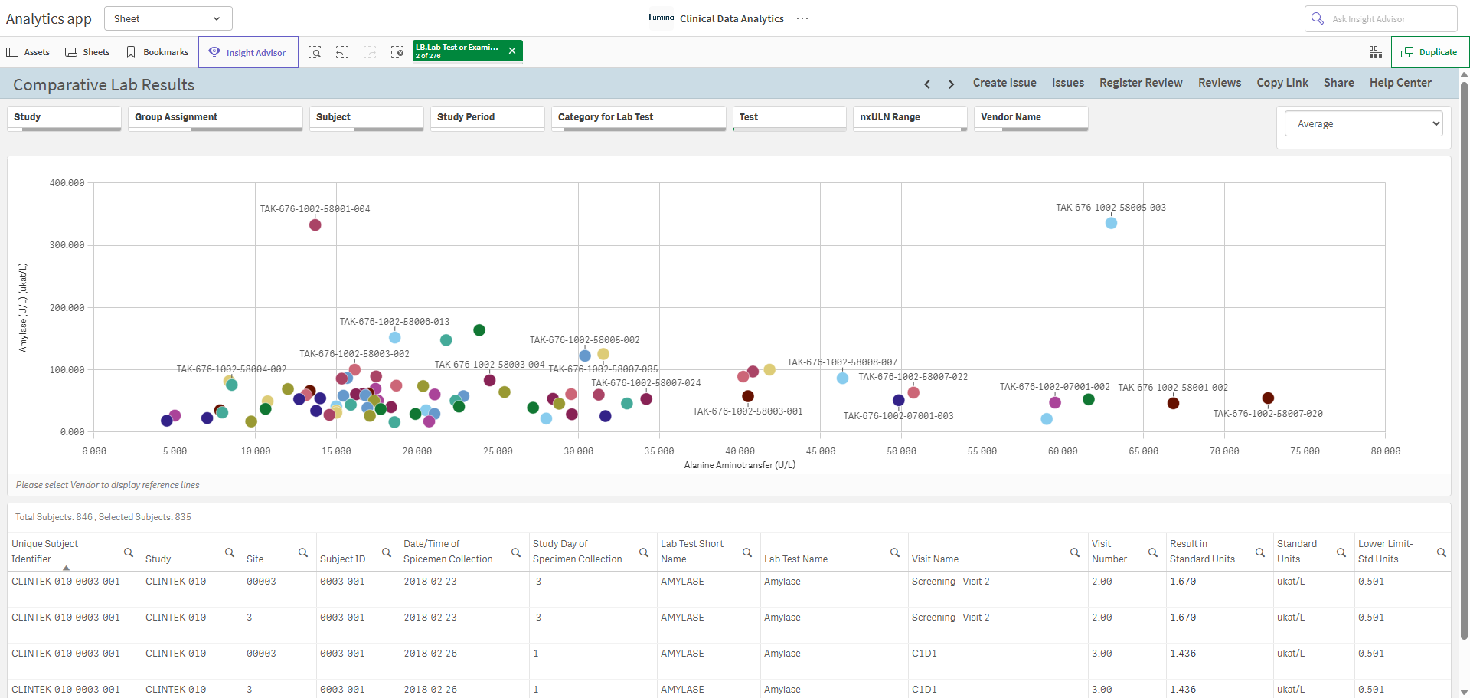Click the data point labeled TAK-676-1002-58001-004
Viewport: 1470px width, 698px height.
pyautogui.click(x=315, y=224)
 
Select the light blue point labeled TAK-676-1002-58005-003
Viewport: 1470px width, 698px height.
pyautogui.click(x=1111, y=223)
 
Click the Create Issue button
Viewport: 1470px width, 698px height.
pyautogui.click(x=1004, y=83)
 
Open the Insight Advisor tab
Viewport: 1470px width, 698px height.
pyautogui.click(x=248, y=52)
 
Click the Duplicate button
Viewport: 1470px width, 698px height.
pyautogui.click(x=1429, y=52)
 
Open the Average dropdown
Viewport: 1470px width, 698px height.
pyautogui.click(x=1364, y=123)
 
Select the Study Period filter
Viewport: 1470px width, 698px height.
pyautogui.click(x=487, y=117)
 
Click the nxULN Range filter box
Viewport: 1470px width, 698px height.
pyautogui.click(x=910, y=117)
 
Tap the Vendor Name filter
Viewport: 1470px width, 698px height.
pyautogui.click(x=1031, y=117)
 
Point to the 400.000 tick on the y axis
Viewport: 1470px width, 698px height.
pyautogui.click(x=67, y=183)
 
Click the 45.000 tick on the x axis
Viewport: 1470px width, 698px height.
pyautogui.click(x=821, y=451)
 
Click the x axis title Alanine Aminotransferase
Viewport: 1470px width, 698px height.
pyautogui.click(x=740, y=465)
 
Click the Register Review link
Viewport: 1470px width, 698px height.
pyautogui.click(x=1141, y=83)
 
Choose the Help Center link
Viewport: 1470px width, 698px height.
pyautogui.click(x=1400, y=83)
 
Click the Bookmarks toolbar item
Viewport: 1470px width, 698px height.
pyautogui.click(x=158, y=52)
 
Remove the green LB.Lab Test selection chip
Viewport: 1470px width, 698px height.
pyautogui.click(x=512, y=51)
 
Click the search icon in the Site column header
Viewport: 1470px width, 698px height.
pyautogui.click(x=303, y=552)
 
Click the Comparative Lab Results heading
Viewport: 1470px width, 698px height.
pyautogui.click(x=104, y=85)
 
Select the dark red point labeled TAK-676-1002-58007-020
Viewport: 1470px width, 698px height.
pyautogui.click(x=1268, y=398)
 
